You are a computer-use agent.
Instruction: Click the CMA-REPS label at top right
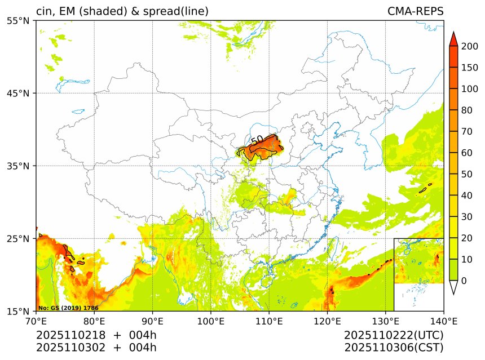point(415,11)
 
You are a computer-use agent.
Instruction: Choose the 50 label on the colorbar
point(468,174)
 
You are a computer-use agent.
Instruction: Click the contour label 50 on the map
point(257,140)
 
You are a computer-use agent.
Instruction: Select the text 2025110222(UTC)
point(394,335)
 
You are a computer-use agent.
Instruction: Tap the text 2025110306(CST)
point(394,348)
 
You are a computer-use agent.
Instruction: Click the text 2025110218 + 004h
point(96,335)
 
